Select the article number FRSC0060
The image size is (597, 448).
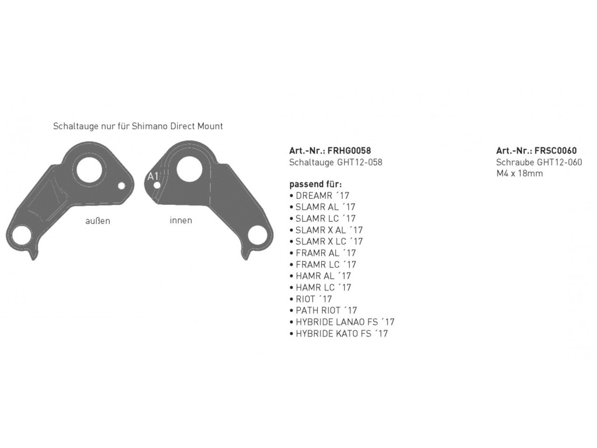tap(556, 150)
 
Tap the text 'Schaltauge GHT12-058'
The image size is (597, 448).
tap(335, 162)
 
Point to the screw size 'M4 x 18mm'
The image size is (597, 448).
tap(519, 173)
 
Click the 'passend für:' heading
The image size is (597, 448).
tap(315, 184)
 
